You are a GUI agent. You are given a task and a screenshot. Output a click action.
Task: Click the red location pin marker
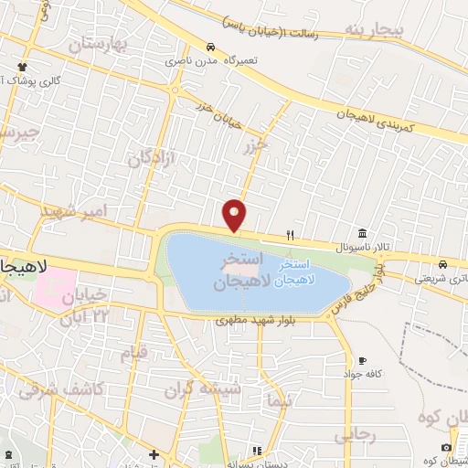click(235, 214)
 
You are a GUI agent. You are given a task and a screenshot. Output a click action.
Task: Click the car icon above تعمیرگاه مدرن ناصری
click(211, 47)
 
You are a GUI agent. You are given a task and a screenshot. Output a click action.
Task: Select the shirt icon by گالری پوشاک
click(23, 68)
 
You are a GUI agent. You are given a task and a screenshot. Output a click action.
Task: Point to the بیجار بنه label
click(372, 30)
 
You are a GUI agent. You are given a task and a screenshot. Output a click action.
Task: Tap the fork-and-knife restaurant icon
click(290, 234)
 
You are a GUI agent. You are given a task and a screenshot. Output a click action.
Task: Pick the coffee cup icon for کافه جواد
click(364, 360)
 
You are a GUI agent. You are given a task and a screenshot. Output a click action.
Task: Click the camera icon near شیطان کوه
click(445, 447)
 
